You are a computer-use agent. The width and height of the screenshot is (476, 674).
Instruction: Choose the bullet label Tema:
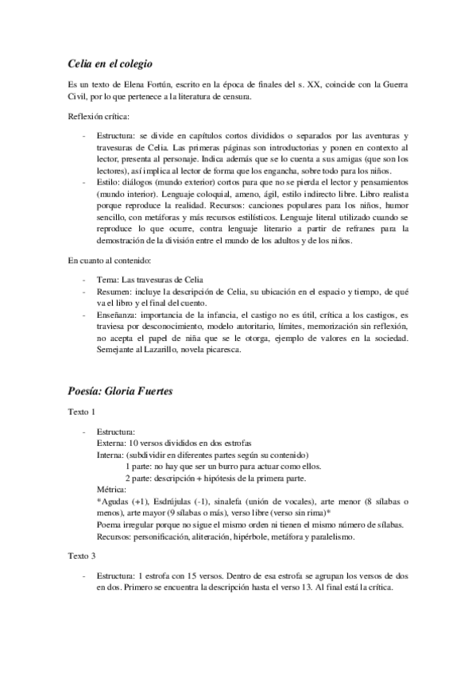(107, 279)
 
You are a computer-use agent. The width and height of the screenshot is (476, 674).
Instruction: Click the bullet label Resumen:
(114, 292)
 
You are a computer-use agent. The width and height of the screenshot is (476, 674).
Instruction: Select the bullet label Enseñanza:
(117, 316)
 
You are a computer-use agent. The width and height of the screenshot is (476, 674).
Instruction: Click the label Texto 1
(81, 413)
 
